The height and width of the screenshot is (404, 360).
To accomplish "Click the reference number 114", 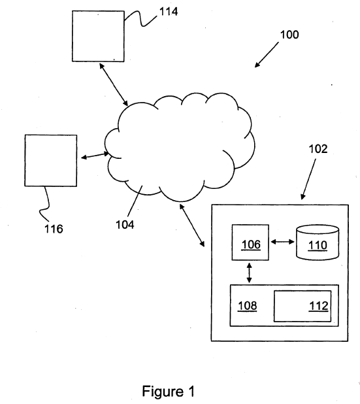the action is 169,12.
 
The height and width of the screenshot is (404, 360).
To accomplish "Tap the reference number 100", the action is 289,35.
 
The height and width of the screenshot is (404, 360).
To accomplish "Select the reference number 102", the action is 318,149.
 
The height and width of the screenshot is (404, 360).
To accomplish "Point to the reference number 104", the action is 125,225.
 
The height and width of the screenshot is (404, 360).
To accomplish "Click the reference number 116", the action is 54,229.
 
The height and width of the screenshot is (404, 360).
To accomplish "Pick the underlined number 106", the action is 251,244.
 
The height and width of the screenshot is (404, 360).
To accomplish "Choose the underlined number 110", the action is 318,245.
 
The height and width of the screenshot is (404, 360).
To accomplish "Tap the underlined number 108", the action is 247,306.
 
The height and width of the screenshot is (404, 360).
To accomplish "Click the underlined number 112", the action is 319,306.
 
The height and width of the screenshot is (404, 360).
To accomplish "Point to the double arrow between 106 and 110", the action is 282,242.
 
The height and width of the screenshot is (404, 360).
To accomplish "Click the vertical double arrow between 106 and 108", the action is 249,273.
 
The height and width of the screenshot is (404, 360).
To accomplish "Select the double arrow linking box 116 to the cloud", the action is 95,156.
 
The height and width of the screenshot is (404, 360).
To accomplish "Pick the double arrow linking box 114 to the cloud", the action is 114,85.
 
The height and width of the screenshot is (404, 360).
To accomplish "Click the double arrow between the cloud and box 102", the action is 192,225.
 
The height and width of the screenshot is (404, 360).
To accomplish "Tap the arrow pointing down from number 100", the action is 267,55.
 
